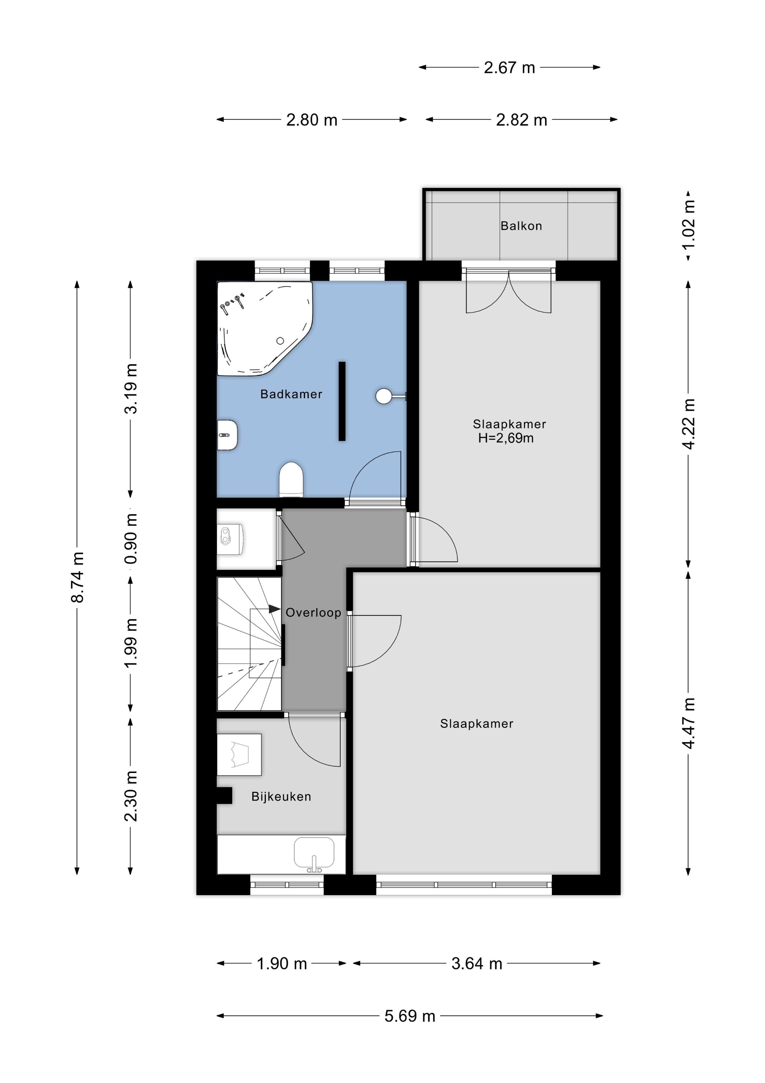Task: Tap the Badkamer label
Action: [291, 394]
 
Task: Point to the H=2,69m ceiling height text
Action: [506, 438]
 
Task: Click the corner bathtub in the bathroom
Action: [264, 328]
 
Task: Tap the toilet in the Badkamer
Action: [291, 479]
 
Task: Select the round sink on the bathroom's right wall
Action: [384, 396]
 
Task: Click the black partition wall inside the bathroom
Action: [342, 401]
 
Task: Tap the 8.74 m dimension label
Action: [77, 577]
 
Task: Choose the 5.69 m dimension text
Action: [410, 1016]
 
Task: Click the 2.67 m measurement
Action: [510, 67]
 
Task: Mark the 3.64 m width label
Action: [477, 963]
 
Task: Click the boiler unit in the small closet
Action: [230, 539]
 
